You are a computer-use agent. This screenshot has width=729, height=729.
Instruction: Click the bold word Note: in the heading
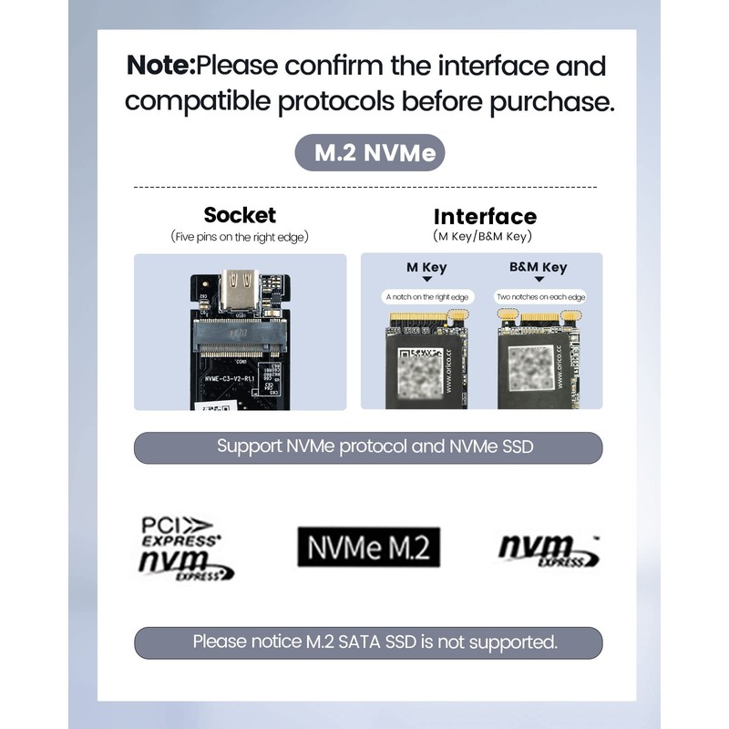[160, 66]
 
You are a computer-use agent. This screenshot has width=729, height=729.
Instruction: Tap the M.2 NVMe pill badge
[368, 153]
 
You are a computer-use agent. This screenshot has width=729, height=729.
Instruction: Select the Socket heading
[240, 215]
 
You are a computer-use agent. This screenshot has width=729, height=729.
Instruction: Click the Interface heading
[485, 216]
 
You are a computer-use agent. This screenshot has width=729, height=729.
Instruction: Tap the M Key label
[426, 268]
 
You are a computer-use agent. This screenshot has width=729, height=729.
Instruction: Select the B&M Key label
[538, 268]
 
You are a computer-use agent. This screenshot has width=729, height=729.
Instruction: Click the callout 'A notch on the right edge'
[426, 297]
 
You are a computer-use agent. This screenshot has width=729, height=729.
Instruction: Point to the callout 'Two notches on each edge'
[540, 297]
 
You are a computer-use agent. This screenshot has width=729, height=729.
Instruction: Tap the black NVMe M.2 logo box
[368, 547]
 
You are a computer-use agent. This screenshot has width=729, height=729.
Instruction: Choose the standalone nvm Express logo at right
[548, 549]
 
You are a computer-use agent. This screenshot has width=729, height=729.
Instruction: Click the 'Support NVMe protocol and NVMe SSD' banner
[368, 447]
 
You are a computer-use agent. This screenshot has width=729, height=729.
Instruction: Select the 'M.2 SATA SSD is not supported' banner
[368, 642]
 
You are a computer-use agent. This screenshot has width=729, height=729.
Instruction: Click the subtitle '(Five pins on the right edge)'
[240, 237]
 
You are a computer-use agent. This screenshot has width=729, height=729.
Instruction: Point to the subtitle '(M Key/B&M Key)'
[484, 237]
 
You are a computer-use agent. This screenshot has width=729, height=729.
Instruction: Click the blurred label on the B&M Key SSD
[531, 369]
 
